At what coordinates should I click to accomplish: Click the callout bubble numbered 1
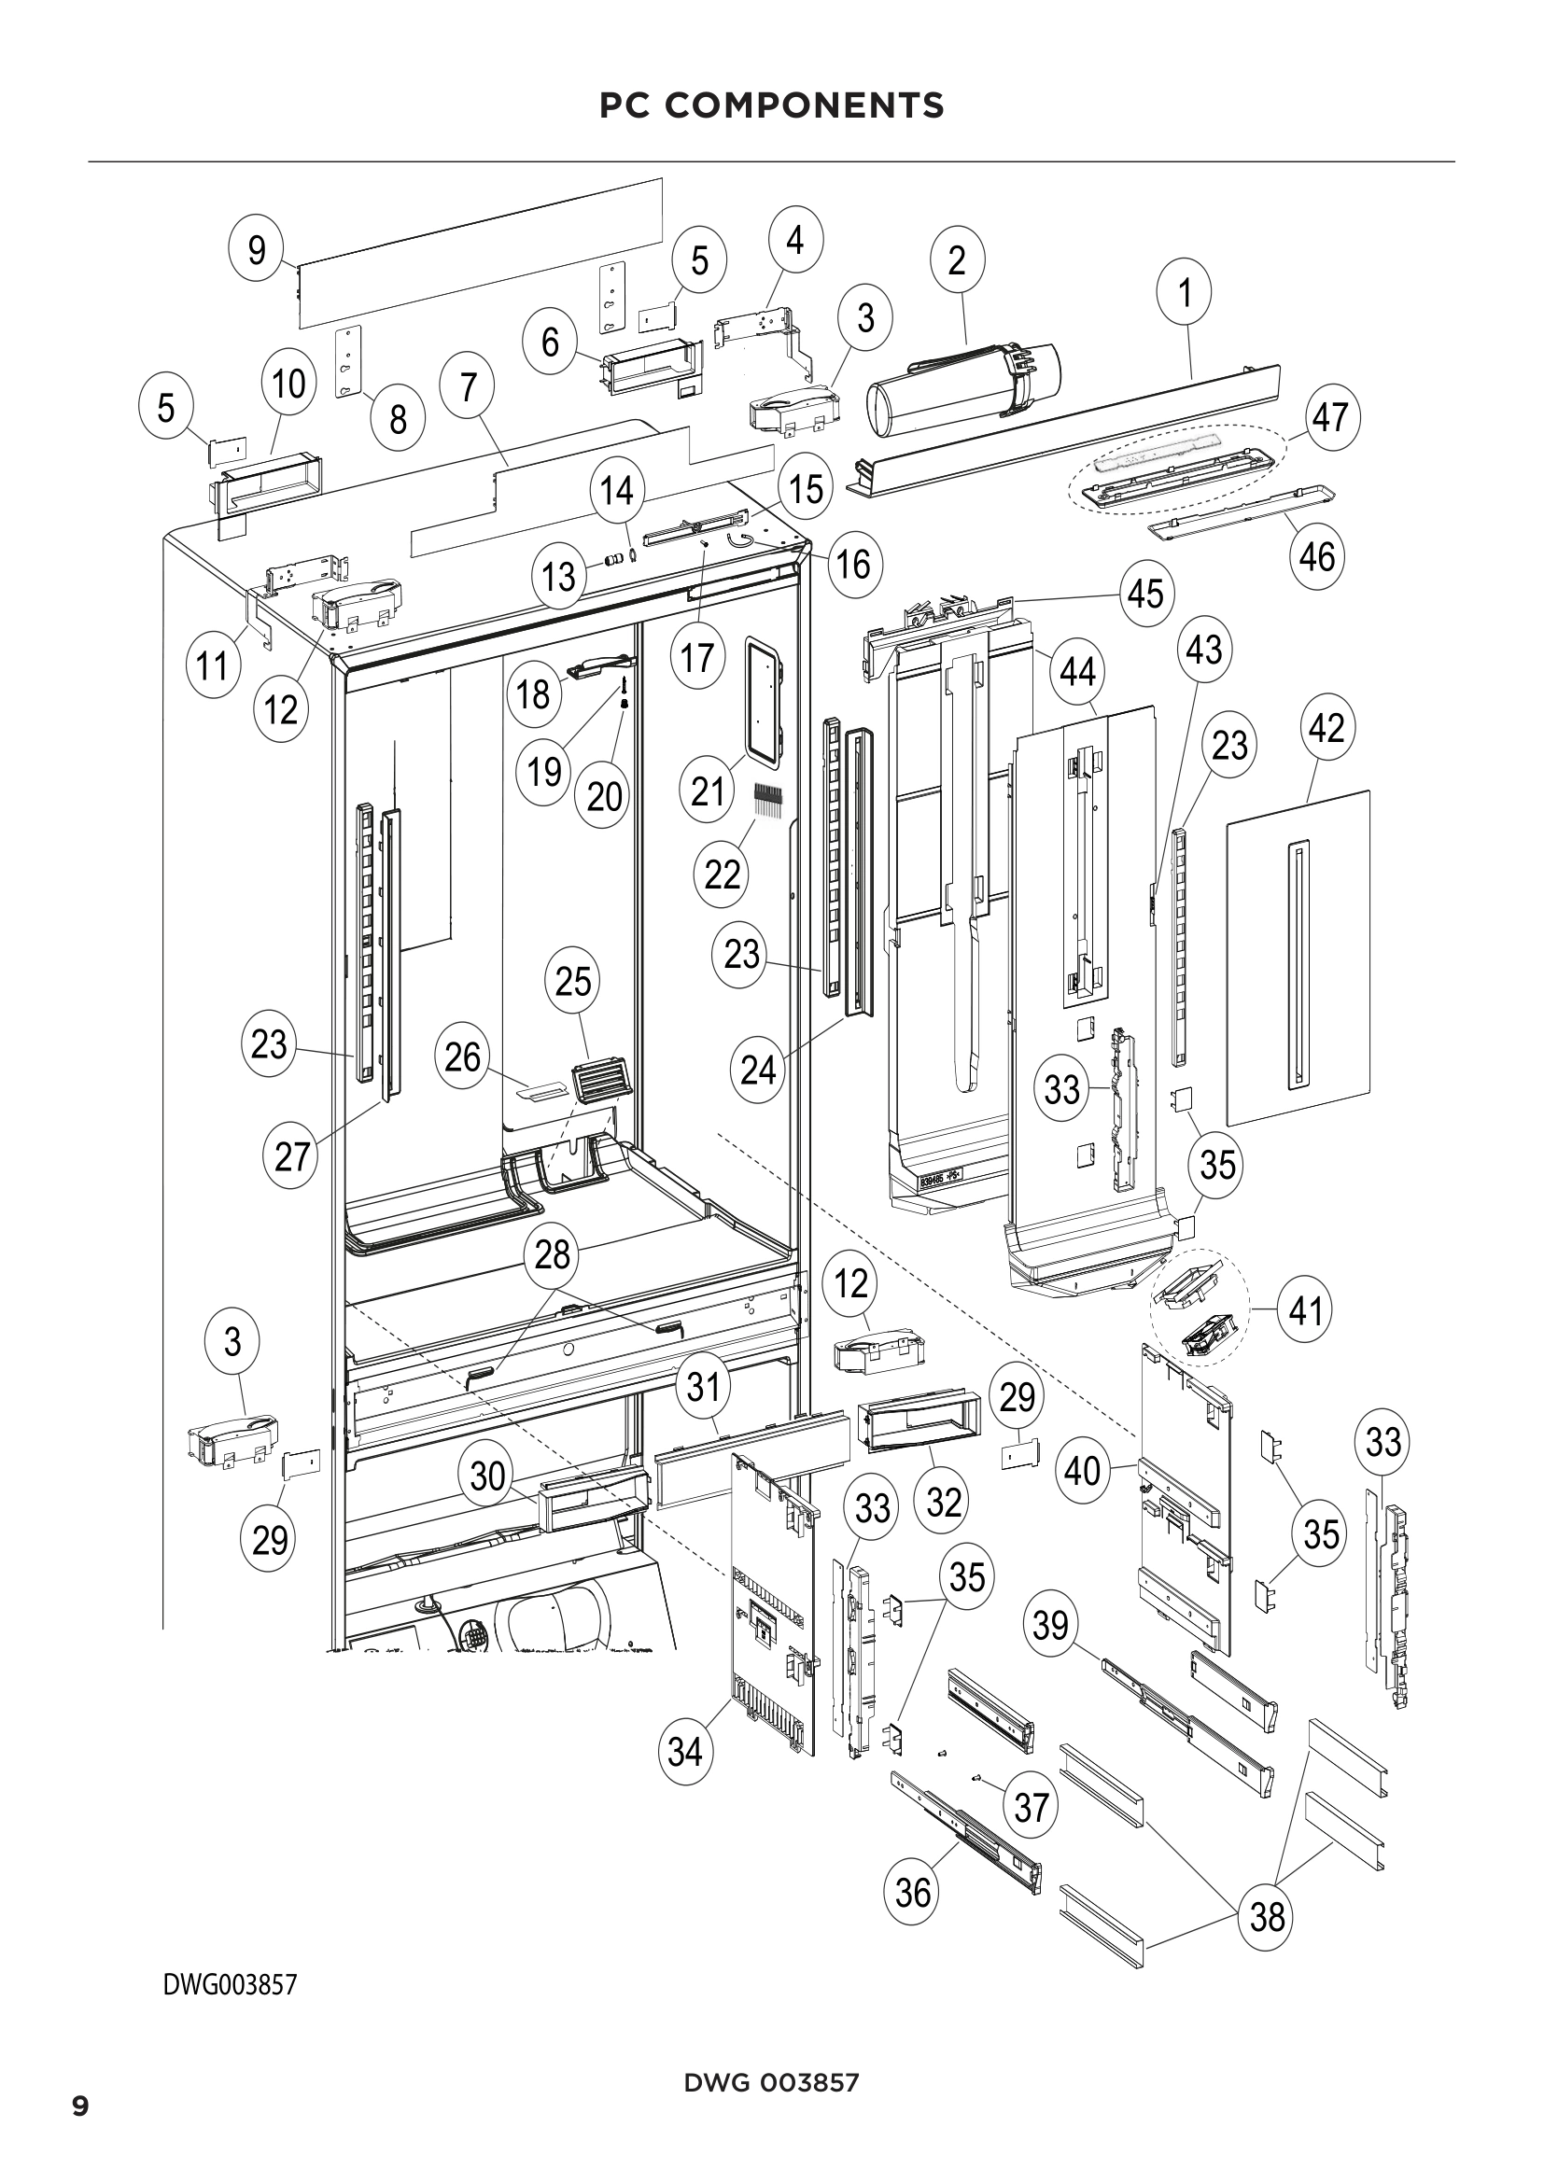[1184, 293]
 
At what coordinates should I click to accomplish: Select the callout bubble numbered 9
[257, 250]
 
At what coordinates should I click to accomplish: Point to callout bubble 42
[1326, 728]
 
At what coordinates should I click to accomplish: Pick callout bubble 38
[1268, 1916]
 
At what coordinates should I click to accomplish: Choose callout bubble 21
[708, 791]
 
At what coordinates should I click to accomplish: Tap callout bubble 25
[572, 981]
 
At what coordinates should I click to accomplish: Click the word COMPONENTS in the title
[805, 105]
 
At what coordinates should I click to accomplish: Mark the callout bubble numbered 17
[697, 656]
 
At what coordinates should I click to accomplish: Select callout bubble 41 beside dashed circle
[1305, 1310]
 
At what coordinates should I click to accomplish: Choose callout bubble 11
[212, 665]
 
